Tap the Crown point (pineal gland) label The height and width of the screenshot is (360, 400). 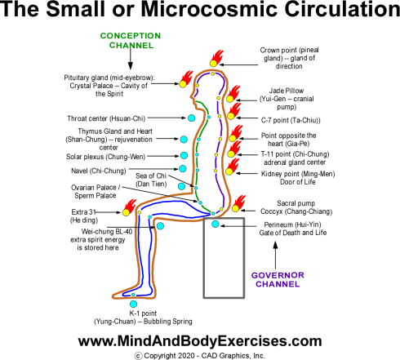click(x=292, y=60)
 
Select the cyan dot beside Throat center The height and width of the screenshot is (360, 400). click(x=191, y=119)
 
